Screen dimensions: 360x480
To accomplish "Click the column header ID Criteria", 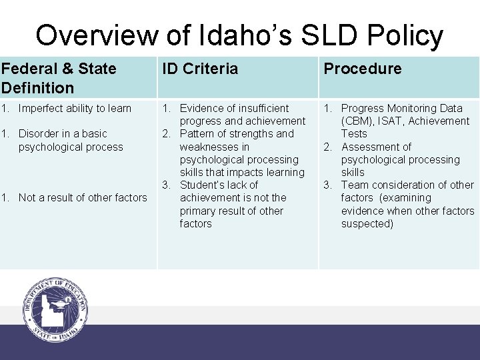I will tap(200, 69).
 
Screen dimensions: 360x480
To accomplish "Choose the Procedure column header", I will tap(363, 69).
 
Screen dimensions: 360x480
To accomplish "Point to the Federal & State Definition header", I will tap(59, 78).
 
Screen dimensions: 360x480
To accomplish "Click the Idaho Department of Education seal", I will tap(55, 309).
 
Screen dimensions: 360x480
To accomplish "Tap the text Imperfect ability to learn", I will tap(75, 108).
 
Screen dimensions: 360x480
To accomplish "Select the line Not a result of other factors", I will tap(83, 197).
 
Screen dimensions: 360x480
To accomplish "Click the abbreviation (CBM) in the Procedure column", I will tap(359, 121).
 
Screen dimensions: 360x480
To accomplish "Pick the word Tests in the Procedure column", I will tap(354, 133).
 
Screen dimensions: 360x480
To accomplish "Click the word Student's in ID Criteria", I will tap(203, 185).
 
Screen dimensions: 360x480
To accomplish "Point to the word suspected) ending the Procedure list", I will tap(367, 223).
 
